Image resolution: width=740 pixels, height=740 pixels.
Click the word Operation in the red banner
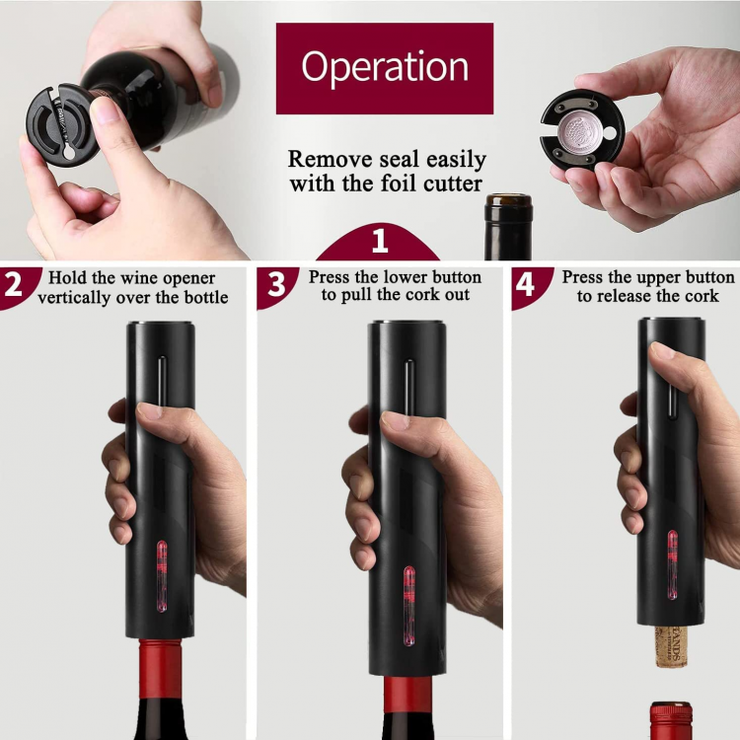coord(385,67)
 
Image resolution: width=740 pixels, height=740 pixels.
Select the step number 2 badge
coord(14,285)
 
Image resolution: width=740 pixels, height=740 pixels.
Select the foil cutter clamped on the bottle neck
coord(59,123)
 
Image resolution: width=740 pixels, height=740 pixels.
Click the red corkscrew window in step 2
coord(161,562)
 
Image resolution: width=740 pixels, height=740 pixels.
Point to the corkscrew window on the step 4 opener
coord(673,565)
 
